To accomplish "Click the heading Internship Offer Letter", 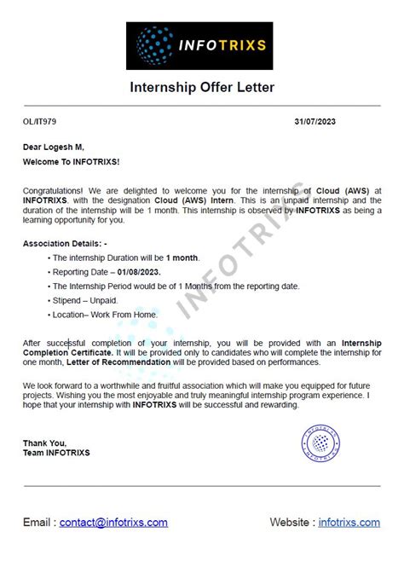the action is pyautogui.click(x=202, y=88).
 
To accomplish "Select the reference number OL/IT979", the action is pyautogui.click(x=38, y=123).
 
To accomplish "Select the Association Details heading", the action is pyautogui.click(x=65, y=243).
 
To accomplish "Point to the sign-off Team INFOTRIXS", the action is pyautogui.click(x=56, y=452).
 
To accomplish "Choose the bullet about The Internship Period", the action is pyautogui.click(x=176, y=286).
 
